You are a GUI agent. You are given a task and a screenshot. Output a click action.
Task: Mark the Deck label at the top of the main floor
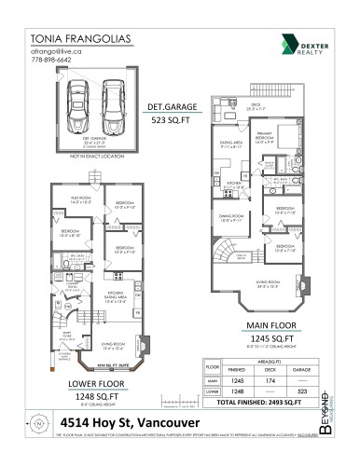pos(255,106)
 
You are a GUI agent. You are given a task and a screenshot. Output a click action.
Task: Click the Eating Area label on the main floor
pos(229,143)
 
